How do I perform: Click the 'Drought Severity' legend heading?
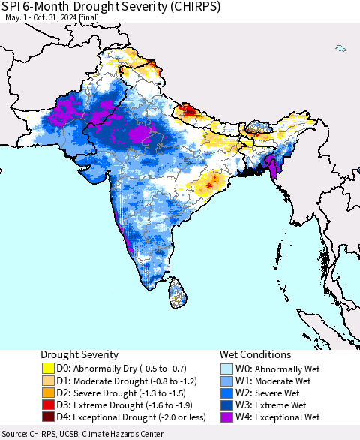79,354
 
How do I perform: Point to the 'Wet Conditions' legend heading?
255,354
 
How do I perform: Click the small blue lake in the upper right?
340,49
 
